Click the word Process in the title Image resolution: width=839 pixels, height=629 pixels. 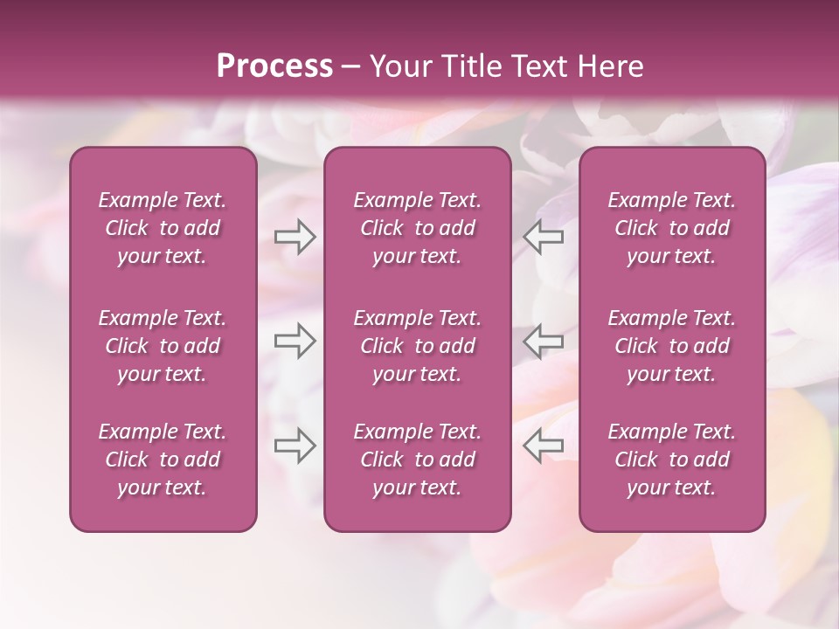coord(274,66)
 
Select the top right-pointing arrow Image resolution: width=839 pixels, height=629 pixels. coord(295,237)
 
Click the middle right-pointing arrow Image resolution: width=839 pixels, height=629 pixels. coord(295,341)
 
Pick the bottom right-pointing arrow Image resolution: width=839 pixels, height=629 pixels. coord(295,445)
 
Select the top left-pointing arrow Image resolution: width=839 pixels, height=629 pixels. coord(543,237)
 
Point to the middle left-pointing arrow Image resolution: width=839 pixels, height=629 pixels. coord(543,341)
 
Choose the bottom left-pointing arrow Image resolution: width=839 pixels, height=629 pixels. coord(543,445)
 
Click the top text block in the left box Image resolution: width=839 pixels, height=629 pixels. coord(163,228)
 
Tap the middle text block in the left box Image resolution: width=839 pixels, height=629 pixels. coord(163,346)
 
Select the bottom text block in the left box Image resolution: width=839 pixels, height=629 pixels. coord(163,460)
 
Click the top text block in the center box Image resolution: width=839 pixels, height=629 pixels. coord(418,228)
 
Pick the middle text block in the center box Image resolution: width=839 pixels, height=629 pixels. coord(418,346)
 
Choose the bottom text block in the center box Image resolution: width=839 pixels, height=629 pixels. coord(418,460)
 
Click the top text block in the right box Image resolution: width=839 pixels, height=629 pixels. coord(672,228)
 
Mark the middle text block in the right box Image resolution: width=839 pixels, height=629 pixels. coord(672,346)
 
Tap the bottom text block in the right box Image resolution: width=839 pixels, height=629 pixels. coord(672,460)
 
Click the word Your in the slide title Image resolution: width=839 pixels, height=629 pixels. coord(399,66)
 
